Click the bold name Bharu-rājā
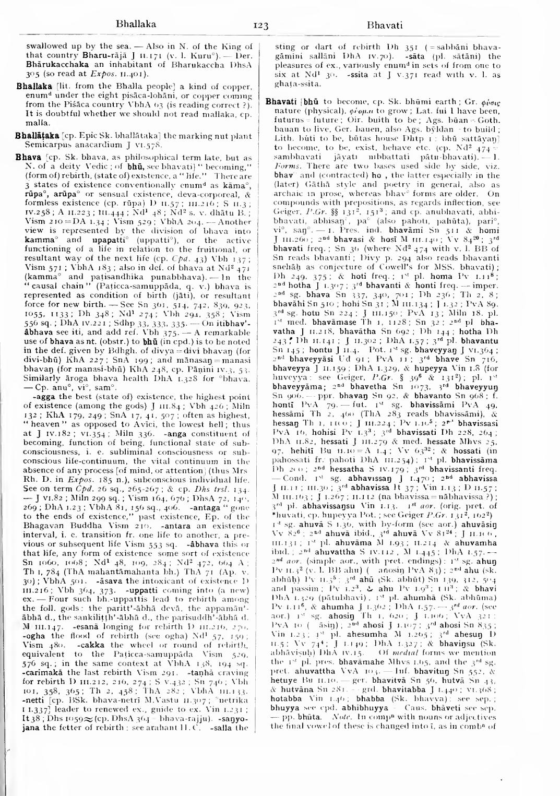84,54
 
